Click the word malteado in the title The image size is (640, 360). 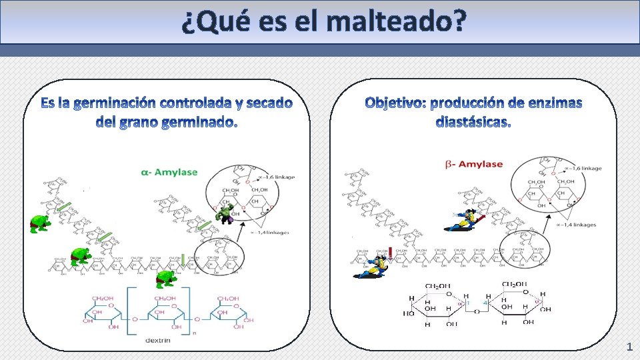pyautogui.click(x=396, y=23)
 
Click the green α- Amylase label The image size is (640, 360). pyautogui.click(x=169, y=172)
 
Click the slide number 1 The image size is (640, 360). pyautogui.click(x=629, y=347)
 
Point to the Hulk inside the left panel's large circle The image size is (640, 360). pyautogui.click(x=225, y=215)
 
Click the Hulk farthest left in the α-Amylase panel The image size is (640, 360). pyautogui.click(x=40, y=224)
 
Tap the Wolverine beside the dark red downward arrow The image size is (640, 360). pyautogui.click(x=371, y=266)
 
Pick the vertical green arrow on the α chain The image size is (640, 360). pyautogui.click(x=183, y=259)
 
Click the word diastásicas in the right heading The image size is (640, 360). pyautogui.click(x=473, y=123)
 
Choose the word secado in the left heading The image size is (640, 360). pyautogui.click(x=269, y=103)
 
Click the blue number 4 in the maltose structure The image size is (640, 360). pyautogui.click(x=486, y=303)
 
